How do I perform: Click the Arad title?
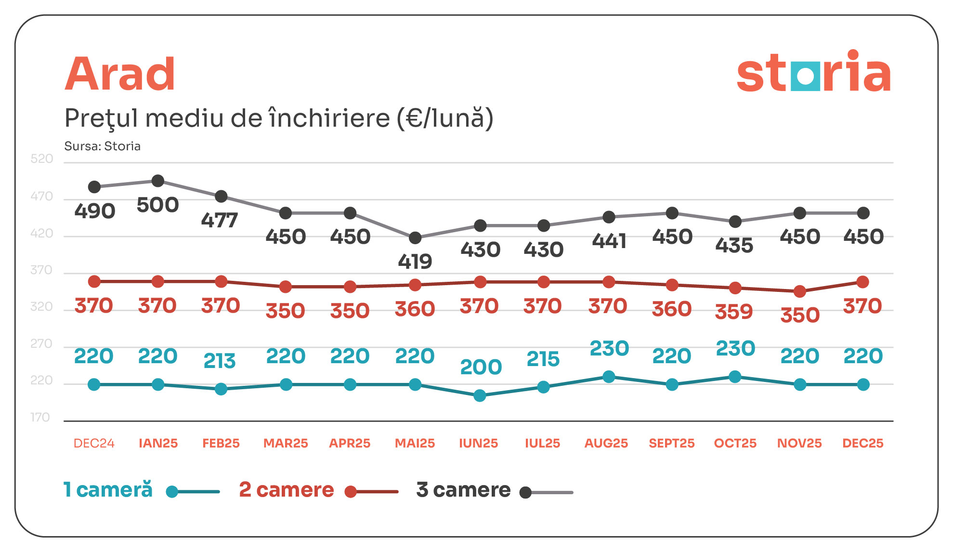120,74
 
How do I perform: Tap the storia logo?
813,72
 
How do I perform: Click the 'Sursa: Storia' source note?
103,146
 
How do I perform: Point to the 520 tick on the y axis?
42,159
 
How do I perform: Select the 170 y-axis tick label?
40,417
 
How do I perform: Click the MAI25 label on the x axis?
415,443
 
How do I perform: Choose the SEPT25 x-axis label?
671,443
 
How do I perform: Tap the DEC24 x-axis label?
94,443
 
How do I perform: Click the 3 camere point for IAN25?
158,181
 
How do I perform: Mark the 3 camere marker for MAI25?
415,238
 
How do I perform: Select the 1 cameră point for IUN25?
480,396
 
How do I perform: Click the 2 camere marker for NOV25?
799,291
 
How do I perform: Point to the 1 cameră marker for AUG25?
609,377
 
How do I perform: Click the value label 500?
158,205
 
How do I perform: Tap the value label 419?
415,262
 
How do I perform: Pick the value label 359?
734,312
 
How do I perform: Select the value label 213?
220,361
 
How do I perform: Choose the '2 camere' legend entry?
287,490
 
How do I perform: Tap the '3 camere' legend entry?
463,490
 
